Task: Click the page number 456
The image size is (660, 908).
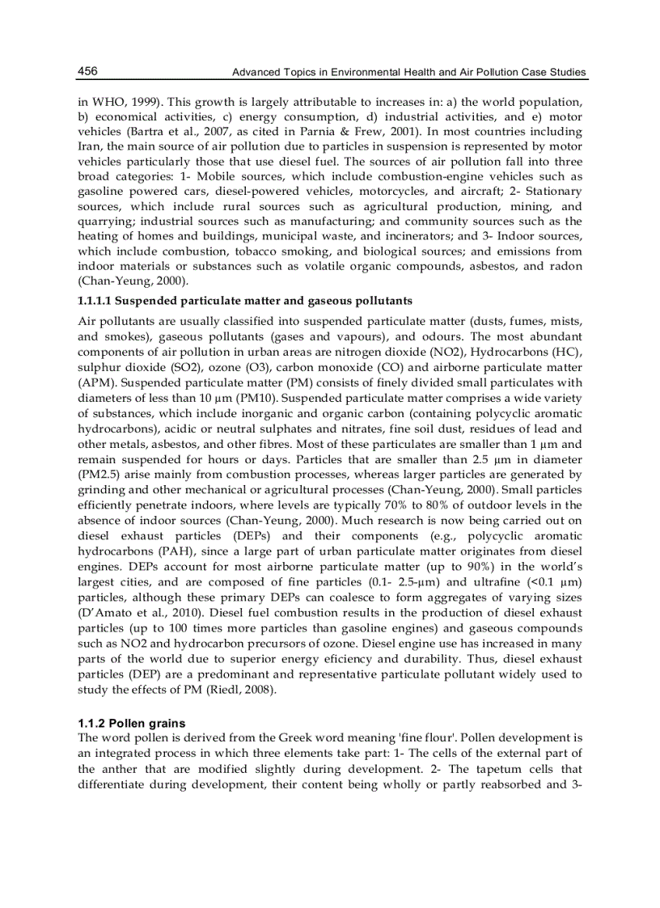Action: tap(87, 72)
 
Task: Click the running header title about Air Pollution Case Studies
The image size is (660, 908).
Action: tap(409, 73)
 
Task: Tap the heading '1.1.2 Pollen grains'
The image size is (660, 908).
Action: tap(131, 723)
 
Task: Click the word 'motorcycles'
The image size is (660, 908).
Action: tap(387, 192)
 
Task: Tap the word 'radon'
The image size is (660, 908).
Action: tap(565, 266)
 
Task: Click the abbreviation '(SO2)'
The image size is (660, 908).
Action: tap(183, 368)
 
